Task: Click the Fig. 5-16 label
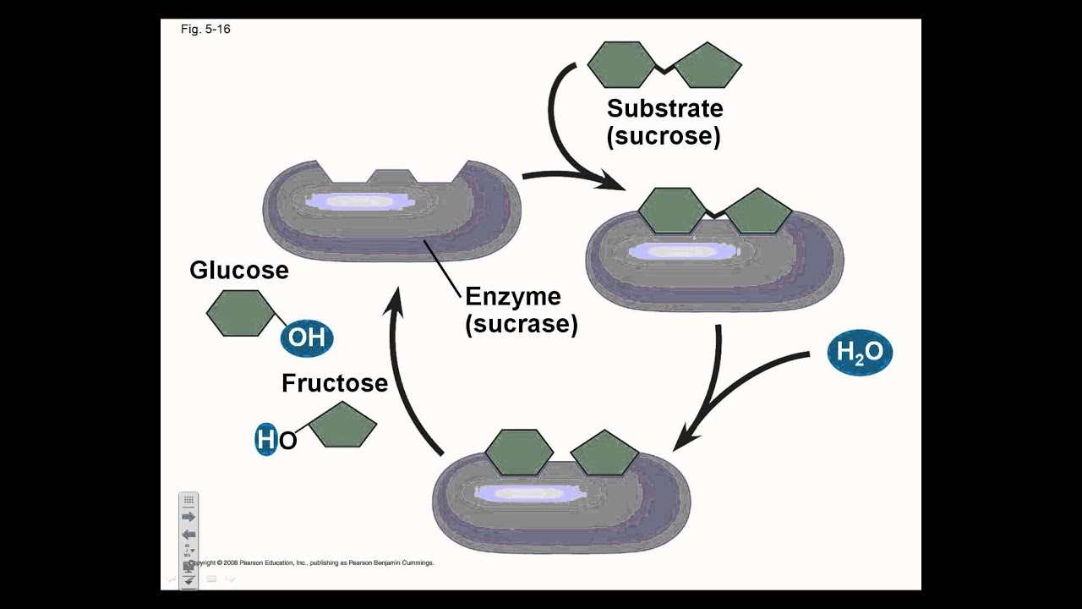(x=205, y=30)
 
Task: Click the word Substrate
(x=664, y=108)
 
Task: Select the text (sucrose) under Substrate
(x=664, y=136)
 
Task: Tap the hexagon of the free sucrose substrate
(x=621, y=64)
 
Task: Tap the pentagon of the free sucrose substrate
(x=708, y=65)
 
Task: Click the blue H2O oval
(x=860, y=353)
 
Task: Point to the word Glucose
(x=239, y=270)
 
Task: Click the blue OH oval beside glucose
(x=307, y=338)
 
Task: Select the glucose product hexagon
(x=240, y=313)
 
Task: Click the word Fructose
(x=335, y=383)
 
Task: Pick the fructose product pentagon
(x=342, y=425)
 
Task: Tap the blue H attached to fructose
(x=266, y=440)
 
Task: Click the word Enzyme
(x=512, y=296)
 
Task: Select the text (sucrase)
(x=521, y=324)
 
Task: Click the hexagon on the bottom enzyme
(x=519, y=452)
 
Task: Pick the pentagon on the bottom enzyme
(x=604, y=453)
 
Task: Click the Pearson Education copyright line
(x=313, y=562)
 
